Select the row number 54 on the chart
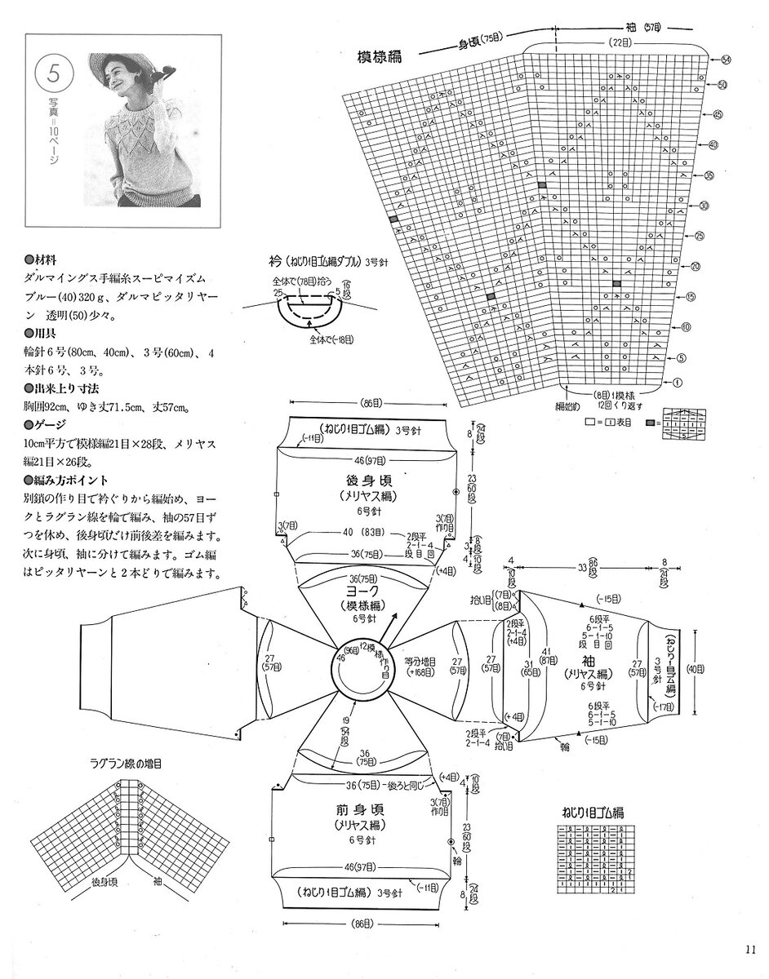(x=726, y=60)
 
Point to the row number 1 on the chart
(x=678, y=382)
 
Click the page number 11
(x=751, y=947)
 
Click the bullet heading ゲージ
(x=51, y=424)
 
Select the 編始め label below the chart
(x=568, y=405)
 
